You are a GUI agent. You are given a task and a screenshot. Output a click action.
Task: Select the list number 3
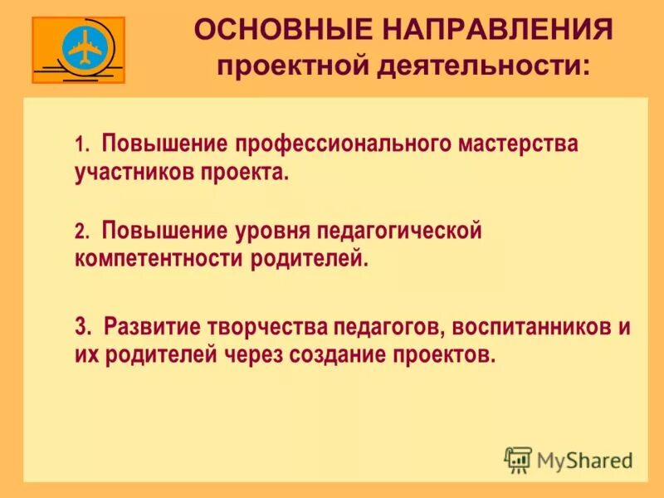point(81,326)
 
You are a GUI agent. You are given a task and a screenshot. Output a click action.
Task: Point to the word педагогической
point(410,231)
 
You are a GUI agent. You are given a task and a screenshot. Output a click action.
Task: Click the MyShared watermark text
point(584,459)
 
